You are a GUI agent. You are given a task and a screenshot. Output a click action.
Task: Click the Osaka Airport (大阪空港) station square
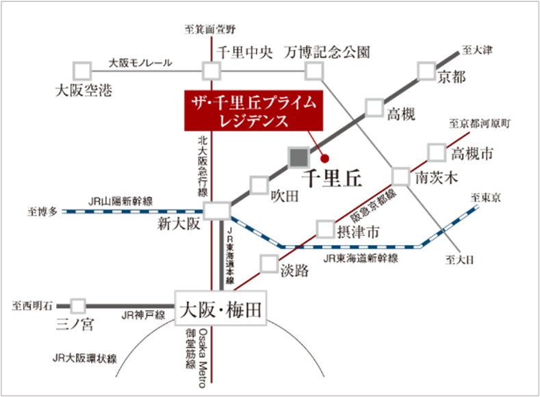point(82,71)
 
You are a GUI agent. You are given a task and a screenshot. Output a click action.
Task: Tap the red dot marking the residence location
point(324,159)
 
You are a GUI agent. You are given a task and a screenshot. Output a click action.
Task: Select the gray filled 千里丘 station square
point(299,157)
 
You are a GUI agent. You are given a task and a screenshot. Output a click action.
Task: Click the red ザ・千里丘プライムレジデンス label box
point(253,110)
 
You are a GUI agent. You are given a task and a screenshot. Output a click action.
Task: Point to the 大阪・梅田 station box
point(221,308)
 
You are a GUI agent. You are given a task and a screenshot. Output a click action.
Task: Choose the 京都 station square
point(426,71)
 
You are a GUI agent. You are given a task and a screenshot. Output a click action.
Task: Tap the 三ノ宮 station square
point(78,306)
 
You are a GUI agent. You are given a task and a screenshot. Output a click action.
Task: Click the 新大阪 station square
point(217,211)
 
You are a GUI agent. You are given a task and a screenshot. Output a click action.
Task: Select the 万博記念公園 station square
point(314,71)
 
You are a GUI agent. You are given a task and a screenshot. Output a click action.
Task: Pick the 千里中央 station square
point(211,71)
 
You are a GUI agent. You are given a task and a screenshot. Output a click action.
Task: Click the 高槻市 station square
point(437,152)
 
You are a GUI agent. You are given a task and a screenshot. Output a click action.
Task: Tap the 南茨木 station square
point(401,177)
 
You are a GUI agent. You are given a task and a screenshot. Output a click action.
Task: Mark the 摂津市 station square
point(326,229)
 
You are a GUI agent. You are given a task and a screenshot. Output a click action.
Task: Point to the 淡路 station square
point(269,264)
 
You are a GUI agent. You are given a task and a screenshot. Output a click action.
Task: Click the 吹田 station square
point(259,185)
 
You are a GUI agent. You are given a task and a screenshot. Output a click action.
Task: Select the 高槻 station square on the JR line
point(374,107)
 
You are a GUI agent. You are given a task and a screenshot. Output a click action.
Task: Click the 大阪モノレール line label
point(140,63)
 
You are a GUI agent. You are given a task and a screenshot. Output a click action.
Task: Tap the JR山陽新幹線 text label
point(120,201)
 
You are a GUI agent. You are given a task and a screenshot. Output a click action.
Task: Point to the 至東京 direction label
point(485,198)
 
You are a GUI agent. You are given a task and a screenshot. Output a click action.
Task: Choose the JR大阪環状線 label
point(85,359)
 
